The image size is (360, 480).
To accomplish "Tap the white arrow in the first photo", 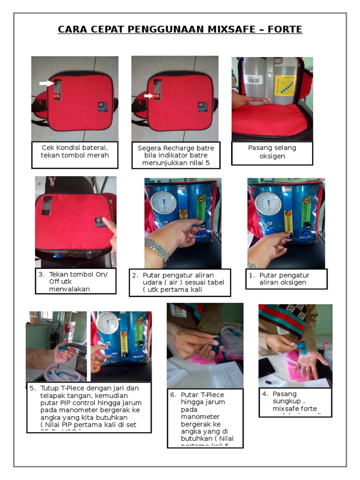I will point(46,83).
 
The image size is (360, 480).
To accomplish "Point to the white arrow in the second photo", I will point(148,96).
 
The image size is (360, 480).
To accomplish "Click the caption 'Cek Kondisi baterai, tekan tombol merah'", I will point(75,151).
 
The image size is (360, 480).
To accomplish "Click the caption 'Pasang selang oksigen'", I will point(272,151).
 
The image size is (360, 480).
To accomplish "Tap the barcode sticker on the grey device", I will point(253,80).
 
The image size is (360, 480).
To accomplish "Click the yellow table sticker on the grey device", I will point(285,85).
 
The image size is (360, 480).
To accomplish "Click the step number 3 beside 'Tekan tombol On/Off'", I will point(41,274).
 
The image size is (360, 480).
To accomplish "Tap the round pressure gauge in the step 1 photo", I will point(269,203).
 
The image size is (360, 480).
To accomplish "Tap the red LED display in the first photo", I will point(57,97).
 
